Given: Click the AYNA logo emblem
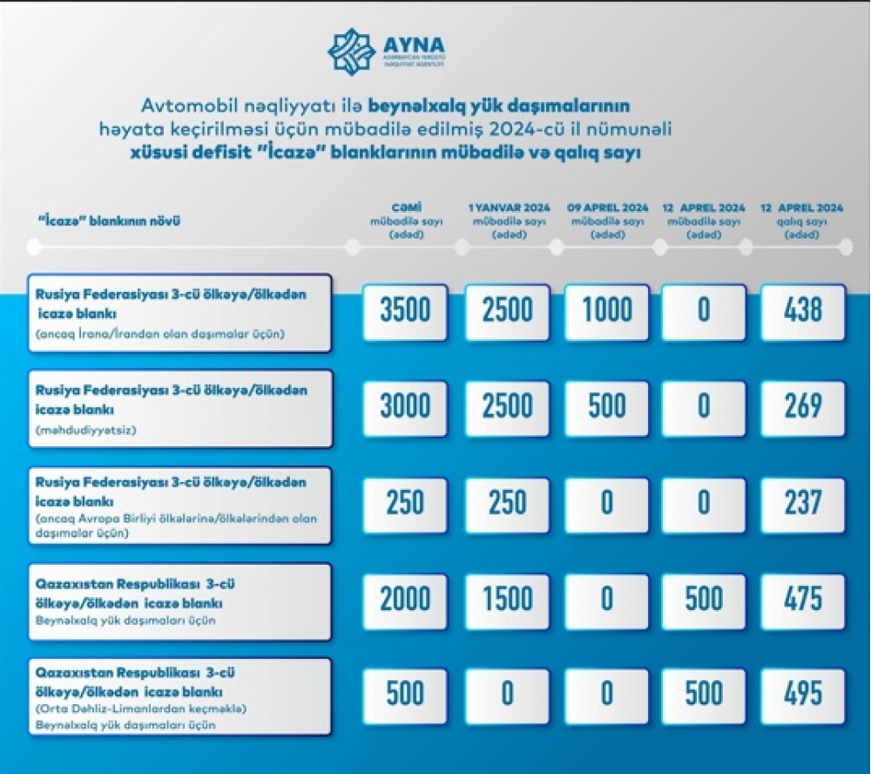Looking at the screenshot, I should (x=351, y=51).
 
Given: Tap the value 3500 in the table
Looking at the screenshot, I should (x=406, y=311).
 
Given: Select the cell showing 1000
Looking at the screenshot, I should (x=606, y=311).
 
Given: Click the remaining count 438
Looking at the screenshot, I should (x=802, y=311).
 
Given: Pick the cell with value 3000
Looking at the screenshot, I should (x=406, y=406).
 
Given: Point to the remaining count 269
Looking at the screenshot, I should (x=802, y=406).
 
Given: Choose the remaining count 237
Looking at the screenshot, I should (x=802, y=503).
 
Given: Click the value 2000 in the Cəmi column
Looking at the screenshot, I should (x=406, y=599).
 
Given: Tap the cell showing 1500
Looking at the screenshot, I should (x=507, y=599).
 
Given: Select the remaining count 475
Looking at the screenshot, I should (x=802, y=599).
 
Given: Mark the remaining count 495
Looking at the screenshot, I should (x=802, y=694).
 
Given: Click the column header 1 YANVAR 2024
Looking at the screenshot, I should (x=506, y=221).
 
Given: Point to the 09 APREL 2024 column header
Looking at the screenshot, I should (x=606, y=221).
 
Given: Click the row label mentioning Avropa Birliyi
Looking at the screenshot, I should (x=179, y=506).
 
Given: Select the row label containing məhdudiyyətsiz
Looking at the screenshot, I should (x=179, y=408).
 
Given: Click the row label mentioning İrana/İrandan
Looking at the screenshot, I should (x=179, y=312).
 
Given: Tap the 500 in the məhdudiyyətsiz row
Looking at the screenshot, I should (x=606, y=406).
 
